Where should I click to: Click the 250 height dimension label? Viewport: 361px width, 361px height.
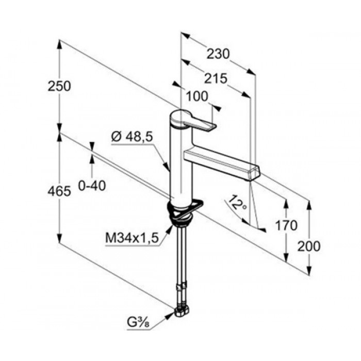(x=59, y=87)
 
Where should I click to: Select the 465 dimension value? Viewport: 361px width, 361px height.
(x=59, y=191)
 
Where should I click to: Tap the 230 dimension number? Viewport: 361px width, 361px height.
(x=218, y=54)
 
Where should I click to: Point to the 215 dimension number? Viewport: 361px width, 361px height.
(x=216, y=79)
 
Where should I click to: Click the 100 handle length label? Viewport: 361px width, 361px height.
(x=197, y=96)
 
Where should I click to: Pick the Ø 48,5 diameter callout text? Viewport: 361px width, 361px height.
(x=132, y=138)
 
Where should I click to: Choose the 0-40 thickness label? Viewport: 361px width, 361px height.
(x=92, y=186)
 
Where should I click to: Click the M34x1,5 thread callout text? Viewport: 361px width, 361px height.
(x=132, y=238)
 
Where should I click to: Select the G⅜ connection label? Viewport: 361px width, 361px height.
(x=138, y=323)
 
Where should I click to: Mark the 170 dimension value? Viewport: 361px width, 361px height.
(x=286, y=226)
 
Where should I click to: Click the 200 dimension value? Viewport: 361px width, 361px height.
(x=309, y=246)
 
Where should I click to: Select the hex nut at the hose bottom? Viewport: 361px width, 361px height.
(x=182, y=311)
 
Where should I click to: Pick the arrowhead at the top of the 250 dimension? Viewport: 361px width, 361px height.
(x=59, y=44)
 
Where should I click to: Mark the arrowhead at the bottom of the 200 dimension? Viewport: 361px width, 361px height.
(x=309, y=271)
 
